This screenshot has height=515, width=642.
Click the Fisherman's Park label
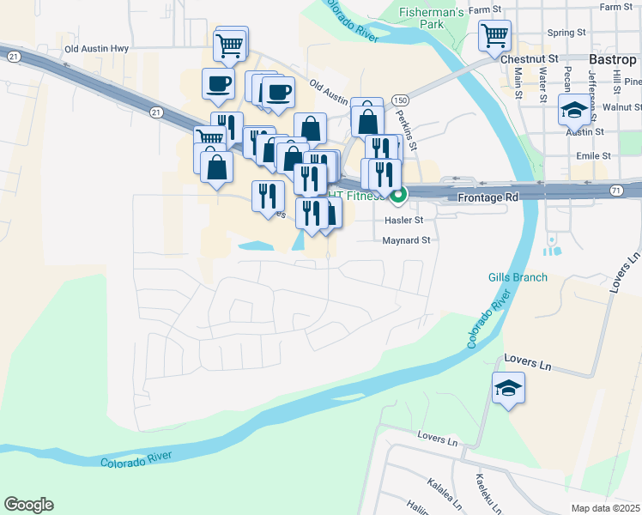(x=431, y=18)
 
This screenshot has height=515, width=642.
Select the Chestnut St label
(x=536, y=58)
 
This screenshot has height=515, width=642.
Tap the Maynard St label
(x=406, y=240)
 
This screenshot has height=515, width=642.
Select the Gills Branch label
(x=517, y=277)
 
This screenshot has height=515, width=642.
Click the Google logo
(x=28, y=505)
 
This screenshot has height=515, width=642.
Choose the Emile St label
(x=593, y=156)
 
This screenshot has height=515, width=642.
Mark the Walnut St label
(x=622, y=107)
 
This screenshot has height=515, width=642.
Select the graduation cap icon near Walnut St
(x=573, y=109)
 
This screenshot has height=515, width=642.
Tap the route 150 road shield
(x=399, y=100)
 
